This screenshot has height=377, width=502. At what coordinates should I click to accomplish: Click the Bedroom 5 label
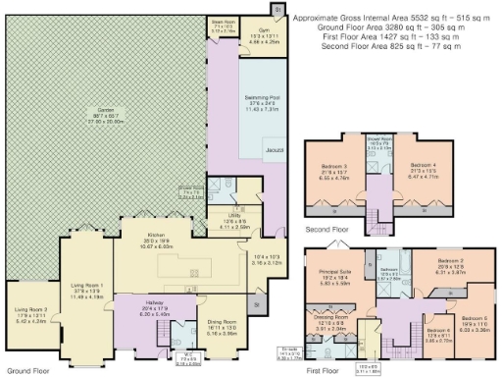point(476,316)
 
